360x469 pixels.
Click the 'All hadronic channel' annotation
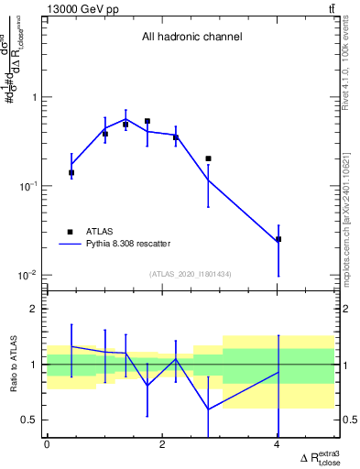coord(191,38)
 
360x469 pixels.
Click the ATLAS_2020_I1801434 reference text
coord(191,274)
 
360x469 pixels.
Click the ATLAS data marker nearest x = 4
coord(278,239)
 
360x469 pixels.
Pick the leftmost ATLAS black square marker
coord(71,172)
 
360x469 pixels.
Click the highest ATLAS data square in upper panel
coord(147,121)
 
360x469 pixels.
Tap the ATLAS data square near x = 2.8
coord(209,158)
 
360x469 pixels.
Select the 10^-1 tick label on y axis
coord(27,186)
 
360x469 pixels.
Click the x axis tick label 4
coord(278,444)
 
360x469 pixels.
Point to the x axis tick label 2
coord(162,444)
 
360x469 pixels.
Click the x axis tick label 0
coord(47,444)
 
